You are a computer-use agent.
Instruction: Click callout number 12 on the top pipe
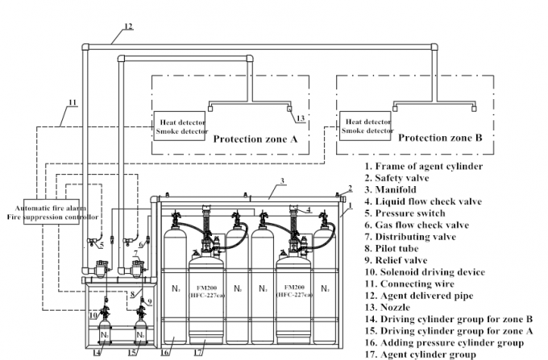point(127,27)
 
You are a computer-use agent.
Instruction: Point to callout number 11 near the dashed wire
point(72,102)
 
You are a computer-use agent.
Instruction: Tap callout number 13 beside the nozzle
point(301,118)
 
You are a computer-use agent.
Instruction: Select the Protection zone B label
point(441,138)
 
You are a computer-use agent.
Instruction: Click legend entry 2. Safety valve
point(395,177)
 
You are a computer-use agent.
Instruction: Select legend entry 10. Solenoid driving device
point(421,272)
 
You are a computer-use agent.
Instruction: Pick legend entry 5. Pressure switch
point(401,213)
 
